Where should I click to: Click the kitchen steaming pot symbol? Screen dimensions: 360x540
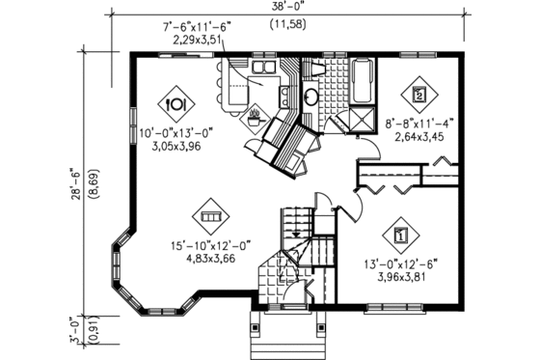[255, 120]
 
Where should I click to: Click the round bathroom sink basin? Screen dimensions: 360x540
[312, 97]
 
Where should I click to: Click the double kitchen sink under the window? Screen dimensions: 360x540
[262, 69]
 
